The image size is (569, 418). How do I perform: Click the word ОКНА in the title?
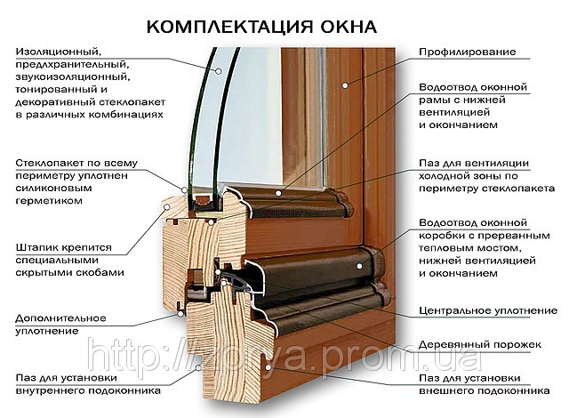point(349,27)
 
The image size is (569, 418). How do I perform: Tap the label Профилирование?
point(468,52)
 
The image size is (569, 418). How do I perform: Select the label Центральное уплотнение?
point(488,310)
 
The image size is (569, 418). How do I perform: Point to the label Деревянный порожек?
point(480,344)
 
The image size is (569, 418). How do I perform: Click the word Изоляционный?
point(58,52)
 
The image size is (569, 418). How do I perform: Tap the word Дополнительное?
point(60,318)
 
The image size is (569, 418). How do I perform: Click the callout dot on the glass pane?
point(219,71)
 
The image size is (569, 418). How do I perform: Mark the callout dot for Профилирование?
point(345,85)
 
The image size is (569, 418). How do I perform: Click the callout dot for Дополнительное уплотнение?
point(180,314)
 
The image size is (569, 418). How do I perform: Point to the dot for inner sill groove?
point(198,368)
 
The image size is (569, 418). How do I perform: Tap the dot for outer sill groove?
point(268,367)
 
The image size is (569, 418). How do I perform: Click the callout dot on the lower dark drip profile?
point(359,266)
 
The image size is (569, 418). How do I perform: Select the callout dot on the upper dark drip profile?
point(278,193)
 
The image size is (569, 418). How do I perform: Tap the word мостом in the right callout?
point(501,248)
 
